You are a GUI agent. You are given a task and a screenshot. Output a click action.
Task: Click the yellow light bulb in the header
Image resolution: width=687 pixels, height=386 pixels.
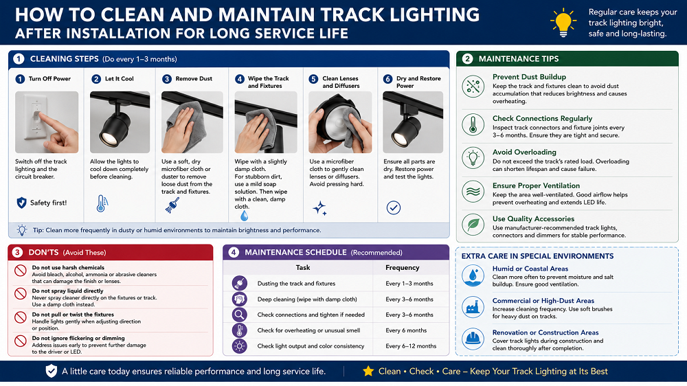563,23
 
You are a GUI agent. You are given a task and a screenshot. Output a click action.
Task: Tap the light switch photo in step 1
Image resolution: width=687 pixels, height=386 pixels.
47,122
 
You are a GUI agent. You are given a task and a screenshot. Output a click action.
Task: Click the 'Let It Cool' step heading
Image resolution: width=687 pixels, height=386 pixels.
119,79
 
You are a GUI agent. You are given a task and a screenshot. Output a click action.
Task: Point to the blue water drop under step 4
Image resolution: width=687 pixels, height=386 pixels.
244,215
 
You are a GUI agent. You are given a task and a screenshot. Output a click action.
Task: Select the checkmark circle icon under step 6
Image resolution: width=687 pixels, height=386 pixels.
394,207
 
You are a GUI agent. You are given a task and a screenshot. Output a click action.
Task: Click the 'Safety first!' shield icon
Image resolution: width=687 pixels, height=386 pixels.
21,203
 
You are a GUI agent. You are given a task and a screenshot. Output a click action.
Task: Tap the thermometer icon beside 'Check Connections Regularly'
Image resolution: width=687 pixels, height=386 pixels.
473,124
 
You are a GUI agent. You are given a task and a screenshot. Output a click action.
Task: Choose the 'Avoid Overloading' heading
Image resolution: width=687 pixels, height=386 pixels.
524,152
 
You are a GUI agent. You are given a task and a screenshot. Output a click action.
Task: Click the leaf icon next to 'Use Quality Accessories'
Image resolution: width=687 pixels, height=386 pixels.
473,225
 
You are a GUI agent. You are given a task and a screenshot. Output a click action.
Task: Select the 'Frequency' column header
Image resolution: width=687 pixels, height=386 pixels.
402,268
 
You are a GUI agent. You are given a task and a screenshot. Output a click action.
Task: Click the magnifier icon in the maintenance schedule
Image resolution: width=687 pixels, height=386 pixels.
240,315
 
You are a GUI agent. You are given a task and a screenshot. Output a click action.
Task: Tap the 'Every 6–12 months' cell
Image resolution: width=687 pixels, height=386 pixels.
411,346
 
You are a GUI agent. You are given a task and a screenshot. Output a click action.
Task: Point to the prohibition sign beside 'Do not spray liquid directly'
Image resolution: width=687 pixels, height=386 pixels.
20,293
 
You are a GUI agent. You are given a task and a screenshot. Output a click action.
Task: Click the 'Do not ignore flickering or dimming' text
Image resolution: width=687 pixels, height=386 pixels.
78,338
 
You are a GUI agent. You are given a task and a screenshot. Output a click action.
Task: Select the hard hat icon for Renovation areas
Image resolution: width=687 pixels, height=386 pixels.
473,339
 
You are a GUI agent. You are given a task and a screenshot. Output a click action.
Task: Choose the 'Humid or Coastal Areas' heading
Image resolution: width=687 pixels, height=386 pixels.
530,269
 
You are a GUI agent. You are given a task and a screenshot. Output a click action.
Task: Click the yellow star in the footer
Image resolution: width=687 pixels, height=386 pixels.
368,371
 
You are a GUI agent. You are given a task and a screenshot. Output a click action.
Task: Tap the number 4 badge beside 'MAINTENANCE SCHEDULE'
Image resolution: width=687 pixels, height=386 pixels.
234,252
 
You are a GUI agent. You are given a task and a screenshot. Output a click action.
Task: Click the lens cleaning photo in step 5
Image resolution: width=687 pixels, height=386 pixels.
340,122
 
